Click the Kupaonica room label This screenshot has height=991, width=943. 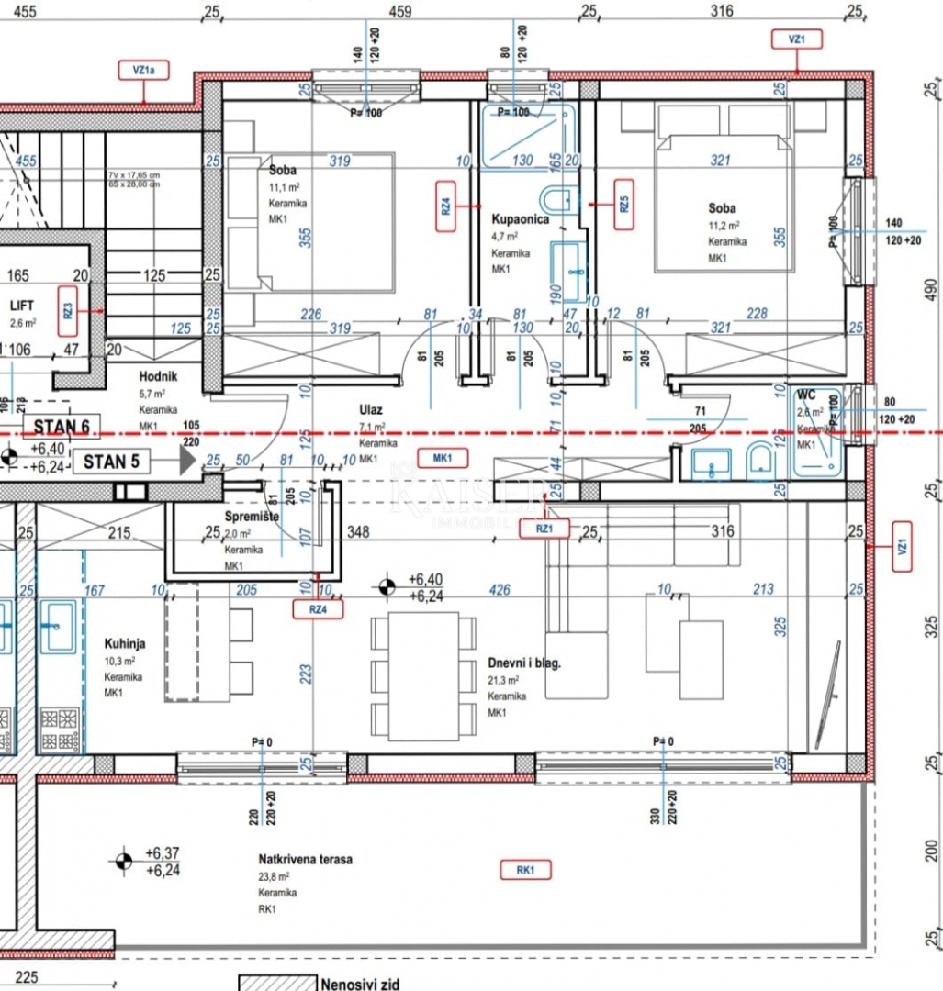pyautogui.click(x=520, y=221)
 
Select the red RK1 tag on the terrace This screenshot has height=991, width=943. pyautogui.click(x=525, y=869)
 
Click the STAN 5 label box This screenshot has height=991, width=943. pyautogui.click(x=112, y=462)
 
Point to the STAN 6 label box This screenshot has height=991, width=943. pyautogui.click(x=62, y=427)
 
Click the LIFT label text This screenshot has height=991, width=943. pyautogui.click(x=22, y=306)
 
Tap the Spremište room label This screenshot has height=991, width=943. pyautogui.click(x=252, y=518)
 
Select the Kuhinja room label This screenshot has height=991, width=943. pyautogui.click(x=124, y=644)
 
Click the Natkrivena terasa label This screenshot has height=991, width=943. pyautogui.click(x=305, y=860)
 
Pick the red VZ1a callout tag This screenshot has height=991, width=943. pyautogui.click(x=143, y=69)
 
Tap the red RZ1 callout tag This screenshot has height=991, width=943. pyautogui.click(x=544, y=528)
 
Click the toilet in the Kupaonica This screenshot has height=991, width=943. pyautogui.click(x=557, y=199)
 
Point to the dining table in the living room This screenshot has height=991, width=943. pyautogui.click(x=423, y=675)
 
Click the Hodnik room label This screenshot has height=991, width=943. pyautogui.click(x=158, y=376)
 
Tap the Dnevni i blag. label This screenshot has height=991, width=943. pyautogui.click(x=524, y=663)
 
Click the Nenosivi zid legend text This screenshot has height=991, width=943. pyautogui.click(x=360, y=985)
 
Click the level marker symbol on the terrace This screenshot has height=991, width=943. pyautogui.click(x=121, y=861)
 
